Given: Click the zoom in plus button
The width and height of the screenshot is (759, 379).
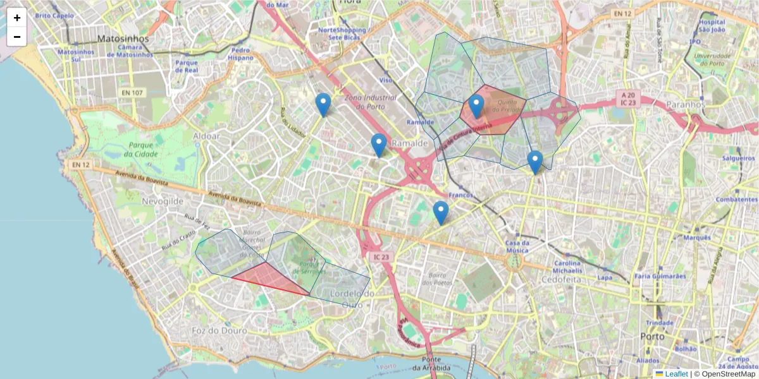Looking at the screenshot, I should [16, 18].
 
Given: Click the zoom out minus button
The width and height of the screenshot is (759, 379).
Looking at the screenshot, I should [16, 37].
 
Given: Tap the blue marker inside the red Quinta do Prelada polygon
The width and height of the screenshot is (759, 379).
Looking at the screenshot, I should [476, 107].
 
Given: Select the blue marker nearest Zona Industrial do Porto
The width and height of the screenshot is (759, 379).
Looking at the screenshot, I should [323, 105].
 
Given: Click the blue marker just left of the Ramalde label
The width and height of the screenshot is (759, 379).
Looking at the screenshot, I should [379, 145].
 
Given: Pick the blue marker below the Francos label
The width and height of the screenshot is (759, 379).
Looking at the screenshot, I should [441, 213].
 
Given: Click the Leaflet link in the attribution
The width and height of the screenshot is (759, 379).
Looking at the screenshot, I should [676, 374].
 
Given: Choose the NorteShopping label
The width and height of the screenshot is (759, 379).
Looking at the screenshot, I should [342, 33].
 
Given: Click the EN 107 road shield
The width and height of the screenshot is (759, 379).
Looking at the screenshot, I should [131, 93].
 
